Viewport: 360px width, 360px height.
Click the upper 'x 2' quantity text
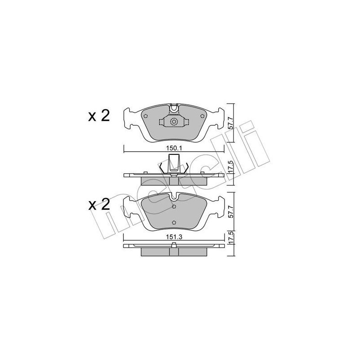tap(98, 116)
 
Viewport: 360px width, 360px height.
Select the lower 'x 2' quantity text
tap(98, 206)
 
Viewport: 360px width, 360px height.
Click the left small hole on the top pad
tap(145, 115)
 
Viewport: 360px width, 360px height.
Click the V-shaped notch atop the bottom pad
tap(174, 197)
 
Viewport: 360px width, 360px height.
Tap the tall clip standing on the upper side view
tap(174, 163)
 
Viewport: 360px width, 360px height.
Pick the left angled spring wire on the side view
tap(162, 168)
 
